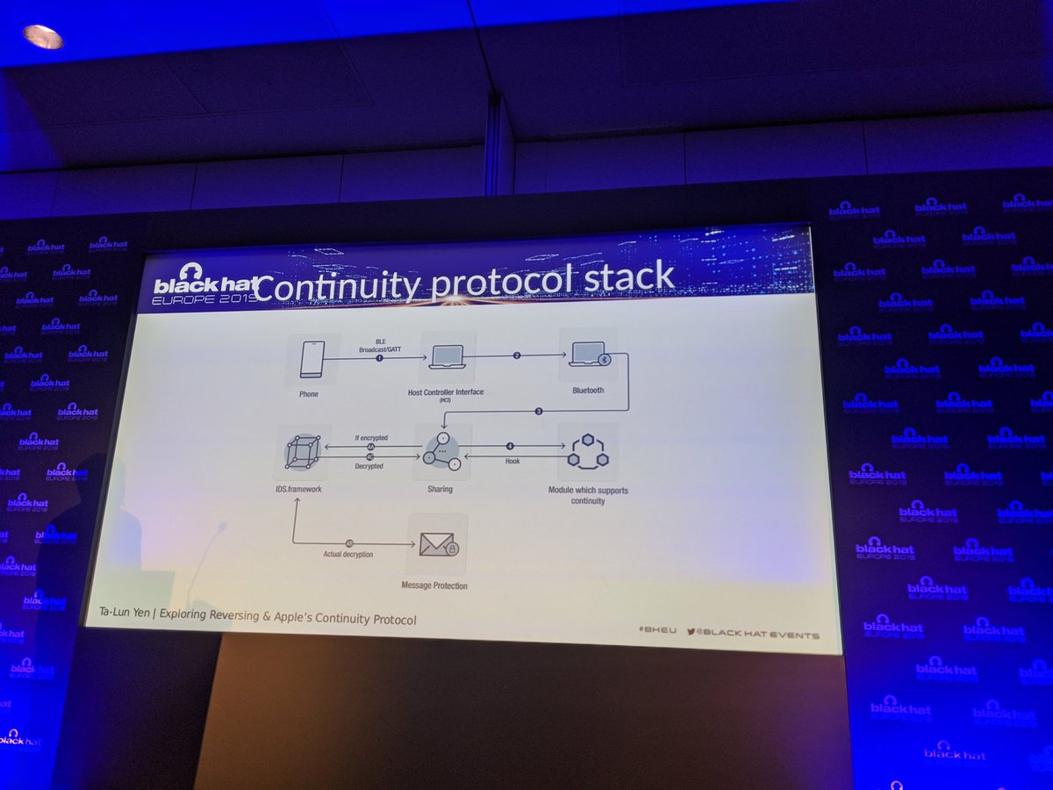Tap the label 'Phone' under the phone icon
pos(308,394)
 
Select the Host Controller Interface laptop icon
pos(446,356)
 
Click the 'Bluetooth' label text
pos(587,390)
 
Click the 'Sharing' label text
pos(440,489)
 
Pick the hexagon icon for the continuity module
pos(587,451)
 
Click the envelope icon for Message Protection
pos(438,546)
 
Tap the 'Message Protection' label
pos(434,585)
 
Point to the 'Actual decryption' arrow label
pos(347,554)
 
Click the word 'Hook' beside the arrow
pos(512,461)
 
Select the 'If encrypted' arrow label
pos(370,437)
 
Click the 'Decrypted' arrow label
pos(369,466)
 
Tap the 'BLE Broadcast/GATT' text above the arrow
pos(380,344)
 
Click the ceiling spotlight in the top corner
pos(43,36)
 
